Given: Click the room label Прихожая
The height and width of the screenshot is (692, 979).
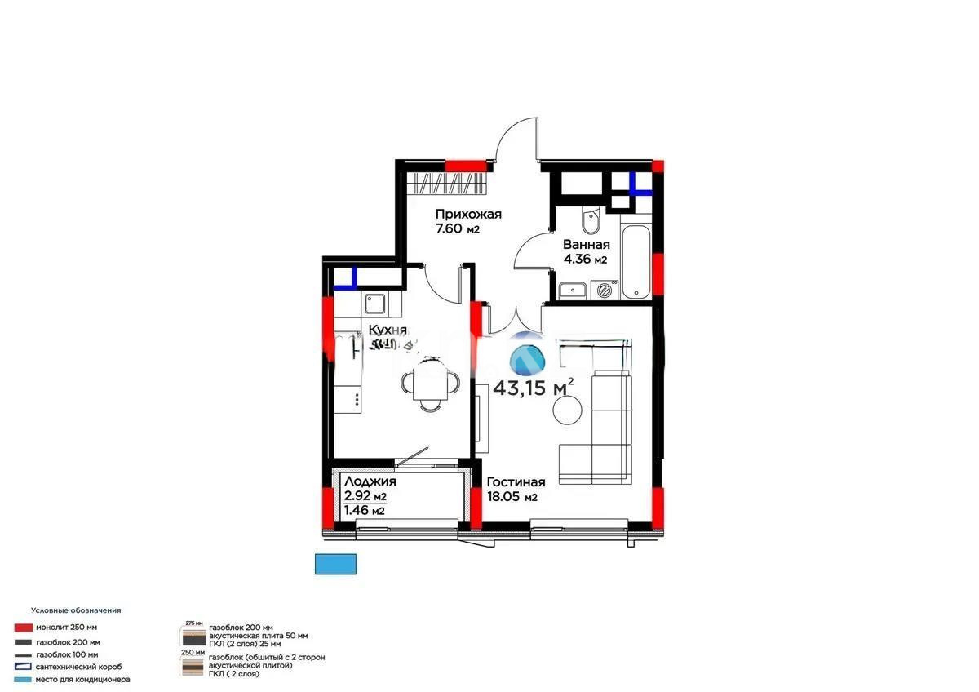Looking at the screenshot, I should click(x=468, y=214).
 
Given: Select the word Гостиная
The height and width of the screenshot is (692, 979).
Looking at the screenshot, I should click(x=516, y=482).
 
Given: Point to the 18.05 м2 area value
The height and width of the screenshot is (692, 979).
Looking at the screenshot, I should click(x=512, y=497).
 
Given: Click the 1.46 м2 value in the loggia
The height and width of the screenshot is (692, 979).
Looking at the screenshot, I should click(x=365, y=511).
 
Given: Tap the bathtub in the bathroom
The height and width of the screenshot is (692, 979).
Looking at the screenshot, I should click(x=636, y=262).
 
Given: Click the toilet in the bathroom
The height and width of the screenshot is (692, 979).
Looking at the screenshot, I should click(x=587, y=223).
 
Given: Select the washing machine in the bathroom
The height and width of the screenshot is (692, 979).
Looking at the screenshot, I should click(x=605, y=289).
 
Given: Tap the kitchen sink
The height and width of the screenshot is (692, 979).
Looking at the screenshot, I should click(x=376, y=305).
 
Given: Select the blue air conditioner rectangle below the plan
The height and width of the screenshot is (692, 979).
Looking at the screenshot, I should click(x=336, y=563).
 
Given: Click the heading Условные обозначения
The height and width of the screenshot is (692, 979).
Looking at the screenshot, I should click(x=76, y=610).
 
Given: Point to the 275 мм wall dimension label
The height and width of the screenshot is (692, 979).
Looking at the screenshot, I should click(x=193, y=622).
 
